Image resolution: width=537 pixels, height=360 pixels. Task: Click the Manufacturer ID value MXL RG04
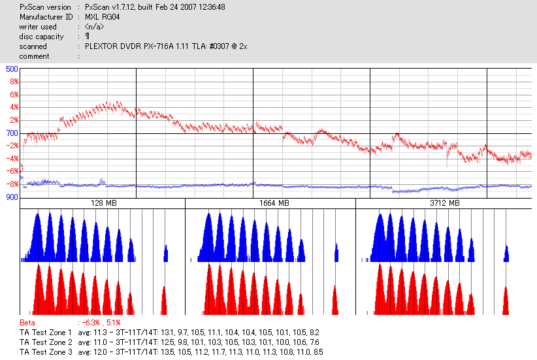(103, 17)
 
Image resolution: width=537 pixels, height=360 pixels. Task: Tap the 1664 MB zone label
(270, 204)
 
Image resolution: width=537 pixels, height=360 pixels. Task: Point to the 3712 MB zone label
(445, 204)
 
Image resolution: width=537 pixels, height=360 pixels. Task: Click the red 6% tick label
(13, 95)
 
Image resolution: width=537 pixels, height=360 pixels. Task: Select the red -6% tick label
(12, 171)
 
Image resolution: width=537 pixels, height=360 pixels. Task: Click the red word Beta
(27, 323)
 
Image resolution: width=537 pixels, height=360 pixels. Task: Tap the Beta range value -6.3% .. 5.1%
(99, 323)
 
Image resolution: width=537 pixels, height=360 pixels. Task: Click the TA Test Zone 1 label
(46, 333)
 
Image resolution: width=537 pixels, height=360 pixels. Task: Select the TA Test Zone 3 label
(46, 352)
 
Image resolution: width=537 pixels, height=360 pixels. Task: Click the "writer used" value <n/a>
(93, 27)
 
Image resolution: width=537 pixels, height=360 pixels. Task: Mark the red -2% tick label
(12, 146)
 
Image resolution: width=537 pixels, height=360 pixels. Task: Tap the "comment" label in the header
(34, 56)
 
